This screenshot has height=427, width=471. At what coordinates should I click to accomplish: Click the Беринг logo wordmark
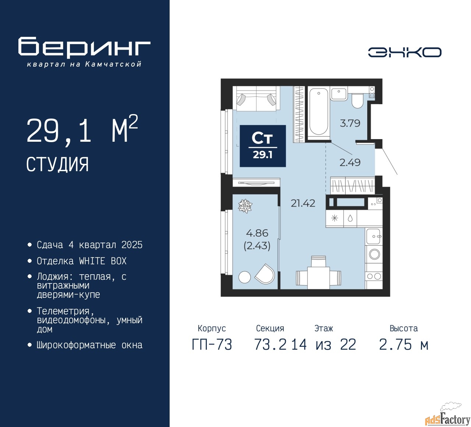tap(84, 47)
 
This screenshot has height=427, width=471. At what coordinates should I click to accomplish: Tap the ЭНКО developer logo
tap(404, 52)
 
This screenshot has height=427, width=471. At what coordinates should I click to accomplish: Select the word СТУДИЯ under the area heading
tap(57, 165)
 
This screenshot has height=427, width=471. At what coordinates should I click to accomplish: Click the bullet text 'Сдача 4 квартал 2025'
tap(89, 245)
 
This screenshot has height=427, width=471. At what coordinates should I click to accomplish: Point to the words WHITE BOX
tap(103, 261)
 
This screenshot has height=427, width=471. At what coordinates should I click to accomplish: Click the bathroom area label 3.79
tap(350, 123)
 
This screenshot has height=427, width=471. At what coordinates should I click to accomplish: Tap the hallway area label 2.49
tap(350, 162)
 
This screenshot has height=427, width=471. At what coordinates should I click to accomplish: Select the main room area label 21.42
tap(303, 203)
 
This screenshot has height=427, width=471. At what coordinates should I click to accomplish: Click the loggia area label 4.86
tap(257, 233)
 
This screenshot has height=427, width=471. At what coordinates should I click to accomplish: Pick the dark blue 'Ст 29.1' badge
tap(263, 146)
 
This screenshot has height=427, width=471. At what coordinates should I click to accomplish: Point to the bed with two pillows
tap(256, 99)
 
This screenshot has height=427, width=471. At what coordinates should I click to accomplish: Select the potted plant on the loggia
tap(245, 206)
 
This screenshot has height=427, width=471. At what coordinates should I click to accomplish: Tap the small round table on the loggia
tap(244, 277)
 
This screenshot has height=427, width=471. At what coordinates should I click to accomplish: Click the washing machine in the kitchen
tap(374, 254)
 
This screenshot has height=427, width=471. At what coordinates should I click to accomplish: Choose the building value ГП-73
tap(212, 345)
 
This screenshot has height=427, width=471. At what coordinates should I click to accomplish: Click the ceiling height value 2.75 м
tap(403, 345)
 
